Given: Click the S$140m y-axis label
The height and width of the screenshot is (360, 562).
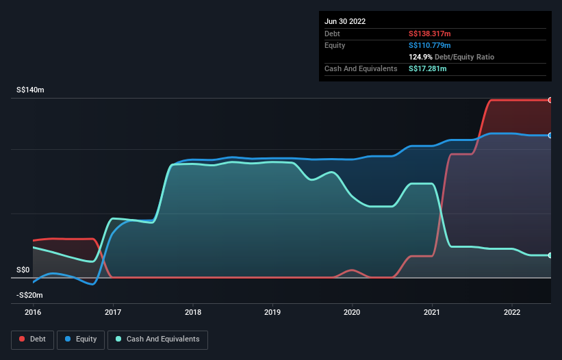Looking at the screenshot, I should point(30,90).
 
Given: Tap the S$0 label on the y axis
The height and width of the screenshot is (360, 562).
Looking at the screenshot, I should point(23,270).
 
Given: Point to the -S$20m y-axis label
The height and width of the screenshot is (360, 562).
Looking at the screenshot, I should point(29,295).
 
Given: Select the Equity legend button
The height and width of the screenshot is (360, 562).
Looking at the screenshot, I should point(81,339).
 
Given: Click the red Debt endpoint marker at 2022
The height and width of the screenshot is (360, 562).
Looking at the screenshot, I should point(550,100).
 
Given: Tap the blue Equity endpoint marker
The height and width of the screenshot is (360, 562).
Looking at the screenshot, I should point(550,136).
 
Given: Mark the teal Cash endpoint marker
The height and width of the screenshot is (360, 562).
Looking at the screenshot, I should point(550,255).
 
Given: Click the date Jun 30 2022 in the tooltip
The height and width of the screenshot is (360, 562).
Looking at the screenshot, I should point(345,21).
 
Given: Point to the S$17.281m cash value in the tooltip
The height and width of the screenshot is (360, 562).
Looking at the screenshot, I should point(428,68).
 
